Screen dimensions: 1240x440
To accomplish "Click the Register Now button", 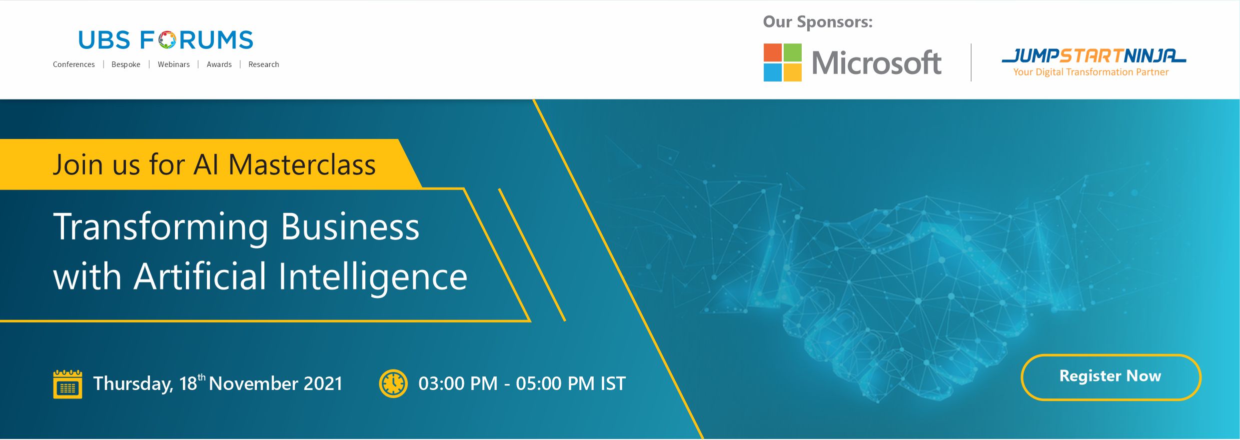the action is tap(1111, 377).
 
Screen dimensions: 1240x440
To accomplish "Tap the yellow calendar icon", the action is tap(67, 384).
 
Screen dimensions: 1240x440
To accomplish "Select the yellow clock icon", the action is tap(393, 383).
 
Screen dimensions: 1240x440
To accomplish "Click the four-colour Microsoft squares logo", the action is tap(782, 62).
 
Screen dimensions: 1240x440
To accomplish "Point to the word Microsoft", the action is tap(877, 63).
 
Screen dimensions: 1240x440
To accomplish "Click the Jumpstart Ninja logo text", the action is tap(1094, 56).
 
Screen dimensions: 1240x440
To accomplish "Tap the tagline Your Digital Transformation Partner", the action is tap(1091, 72).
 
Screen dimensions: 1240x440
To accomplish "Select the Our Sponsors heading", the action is tap(818, 22).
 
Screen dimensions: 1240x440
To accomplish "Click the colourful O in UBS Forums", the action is tap(167, 40).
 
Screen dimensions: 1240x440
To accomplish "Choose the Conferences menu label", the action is tap(74, 64).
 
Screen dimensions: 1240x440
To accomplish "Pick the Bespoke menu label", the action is tap(126, 64).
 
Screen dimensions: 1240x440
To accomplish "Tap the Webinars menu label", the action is tap(174, 64).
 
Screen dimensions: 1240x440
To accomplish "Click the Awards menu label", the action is tap(219, 64).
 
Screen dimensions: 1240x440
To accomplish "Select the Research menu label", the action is tap(264, 64).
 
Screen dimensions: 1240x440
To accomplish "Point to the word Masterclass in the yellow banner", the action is tap(302, 164).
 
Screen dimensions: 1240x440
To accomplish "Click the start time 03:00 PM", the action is tap(458, 383).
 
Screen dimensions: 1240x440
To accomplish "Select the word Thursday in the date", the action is tap(133, 384).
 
